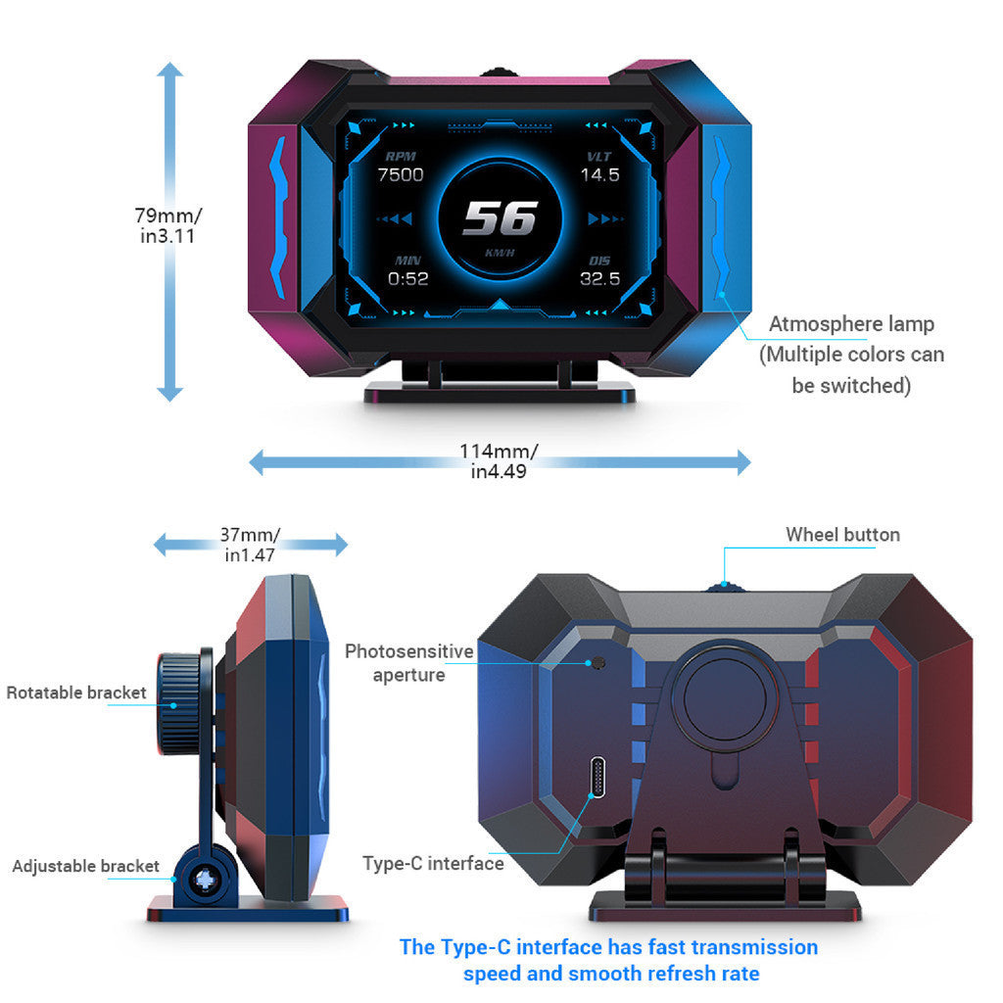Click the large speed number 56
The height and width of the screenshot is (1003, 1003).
coord(501,218)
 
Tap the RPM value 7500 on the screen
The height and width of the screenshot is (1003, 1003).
coord(401,175)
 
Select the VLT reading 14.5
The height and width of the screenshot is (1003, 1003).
coord(600,175)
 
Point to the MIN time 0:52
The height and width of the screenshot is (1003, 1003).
coord(408,279)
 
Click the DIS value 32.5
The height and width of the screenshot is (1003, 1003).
coord(600,279)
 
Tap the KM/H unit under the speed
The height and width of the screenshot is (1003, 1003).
coord(500,253)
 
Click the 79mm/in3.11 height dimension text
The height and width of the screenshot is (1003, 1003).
coord(168,225)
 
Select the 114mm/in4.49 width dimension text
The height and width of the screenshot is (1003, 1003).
coord(499,461)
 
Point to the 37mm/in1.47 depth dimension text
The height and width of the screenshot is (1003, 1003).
coord(250,545)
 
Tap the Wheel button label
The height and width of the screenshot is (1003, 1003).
coord(842,535)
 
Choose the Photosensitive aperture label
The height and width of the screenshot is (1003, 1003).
coord(409,663)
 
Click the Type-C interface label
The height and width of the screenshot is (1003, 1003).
coord(433,864)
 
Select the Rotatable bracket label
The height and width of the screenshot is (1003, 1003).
coord(76,693)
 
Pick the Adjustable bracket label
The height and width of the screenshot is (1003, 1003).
coord(86,866)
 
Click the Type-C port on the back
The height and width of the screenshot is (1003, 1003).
coord(598,777)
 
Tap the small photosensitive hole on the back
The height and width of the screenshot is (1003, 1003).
coord(598,663)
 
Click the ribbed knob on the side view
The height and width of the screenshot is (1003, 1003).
coord(179,703)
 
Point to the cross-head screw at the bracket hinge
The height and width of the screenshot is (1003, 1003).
coord(206,881)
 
